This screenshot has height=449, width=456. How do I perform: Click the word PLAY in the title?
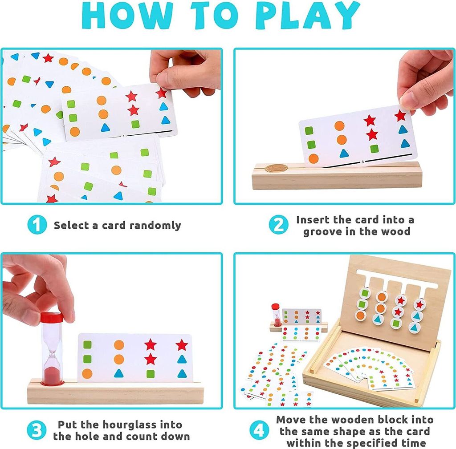point(308,15)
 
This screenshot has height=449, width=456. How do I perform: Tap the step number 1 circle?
point(37,225)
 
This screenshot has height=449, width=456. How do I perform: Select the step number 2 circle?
point(278,225)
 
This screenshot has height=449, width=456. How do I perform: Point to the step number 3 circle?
point(37,430)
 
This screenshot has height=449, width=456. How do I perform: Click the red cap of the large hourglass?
point(52,317)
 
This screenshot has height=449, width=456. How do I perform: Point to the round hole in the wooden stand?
point(276,168)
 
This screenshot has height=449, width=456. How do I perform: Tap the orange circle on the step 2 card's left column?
point(313,159)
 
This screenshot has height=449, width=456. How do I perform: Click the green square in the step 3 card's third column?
point(151,374)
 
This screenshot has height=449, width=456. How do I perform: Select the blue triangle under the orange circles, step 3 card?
point(118,373)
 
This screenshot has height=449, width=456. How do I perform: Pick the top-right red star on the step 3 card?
point(182,345)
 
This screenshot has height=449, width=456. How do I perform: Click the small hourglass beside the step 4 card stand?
point(276,315)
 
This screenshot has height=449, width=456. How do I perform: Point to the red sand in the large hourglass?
point(52,375)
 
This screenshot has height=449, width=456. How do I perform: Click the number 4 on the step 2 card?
point(362,162)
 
